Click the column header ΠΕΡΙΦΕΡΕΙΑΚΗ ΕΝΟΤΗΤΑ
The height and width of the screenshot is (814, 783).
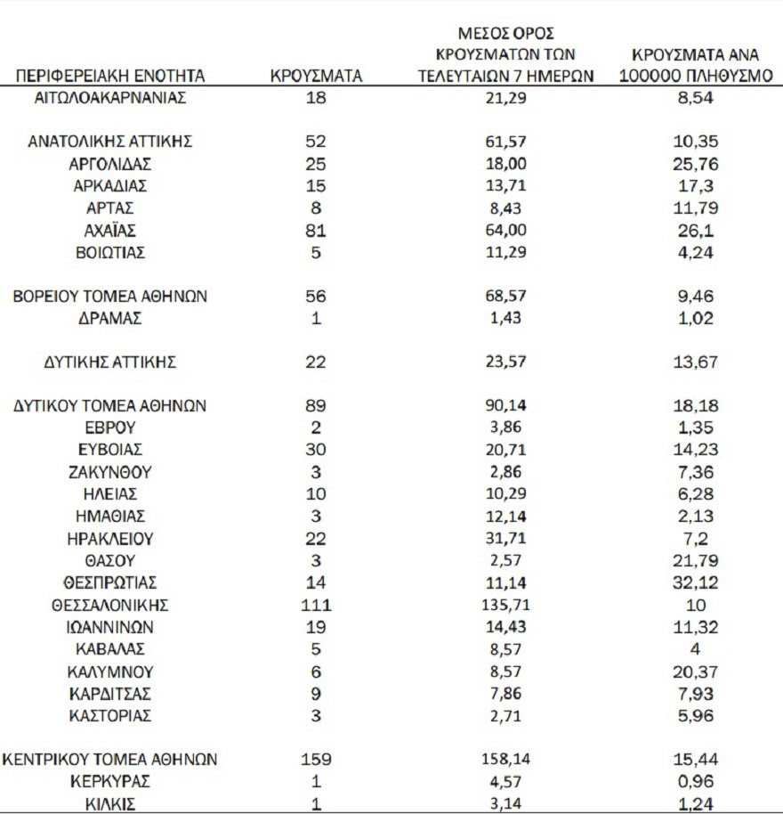pyautogui.click(x=110, y=76)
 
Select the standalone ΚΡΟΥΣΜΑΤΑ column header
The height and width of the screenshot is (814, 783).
pyautogui.click(x=316, y=76)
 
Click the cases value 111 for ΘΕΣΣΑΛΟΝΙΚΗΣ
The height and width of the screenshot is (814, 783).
pyautogui.click(x=316, y=605)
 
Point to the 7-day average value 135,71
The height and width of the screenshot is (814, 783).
pyautogui.click(x=505, y=605)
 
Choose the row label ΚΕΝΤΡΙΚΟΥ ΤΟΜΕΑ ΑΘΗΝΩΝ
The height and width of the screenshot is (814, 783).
pyautogui.click(x=110, y=760)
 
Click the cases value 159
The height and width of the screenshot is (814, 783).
pyautogui.click(x=316, y=760)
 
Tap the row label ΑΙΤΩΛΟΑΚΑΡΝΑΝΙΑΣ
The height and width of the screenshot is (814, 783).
pyautogui.click(x=110, y=98)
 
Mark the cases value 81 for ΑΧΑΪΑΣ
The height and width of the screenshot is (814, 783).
pyautogui.click(x=316, y=231)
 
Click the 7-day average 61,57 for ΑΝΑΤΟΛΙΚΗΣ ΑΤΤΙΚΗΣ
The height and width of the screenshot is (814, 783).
pyautogui.click(x=505, y=142)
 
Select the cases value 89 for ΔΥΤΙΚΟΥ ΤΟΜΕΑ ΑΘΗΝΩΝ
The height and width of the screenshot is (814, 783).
pyautogui.click(x=316, y=406)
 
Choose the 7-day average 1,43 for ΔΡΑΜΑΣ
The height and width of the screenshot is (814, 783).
pyautogui.click(x=505, y=318)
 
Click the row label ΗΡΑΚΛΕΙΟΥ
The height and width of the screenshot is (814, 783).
pyautogui.click(x=110, y=539)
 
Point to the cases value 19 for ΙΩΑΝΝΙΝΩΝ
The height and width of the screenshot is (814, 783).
pyautogui.click(x=316, y=626)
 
